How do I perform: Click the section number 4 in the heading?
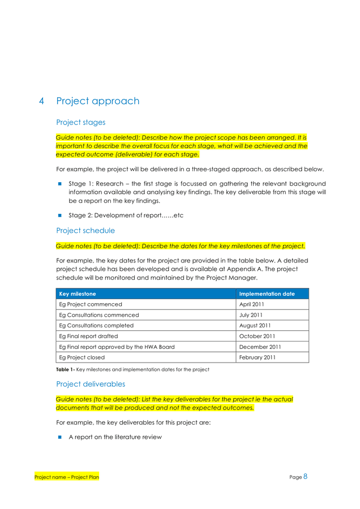(x=42, y=101)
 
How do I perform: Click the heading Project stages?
(x=80, y=122)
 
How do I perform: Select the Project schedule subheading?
(x=85, y=231)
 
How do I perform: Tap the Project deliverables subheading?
(x=91, y=384)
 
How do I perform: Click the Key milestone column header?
(x=78, y=294)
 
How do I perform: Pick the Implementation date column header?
(x=267, y=294)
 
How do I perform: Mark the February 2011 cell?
(x=257, y=357)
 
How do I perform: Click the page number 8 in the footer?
(x=305, y=476)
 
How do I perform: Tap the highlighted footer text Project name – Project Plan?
(x=67, y=477)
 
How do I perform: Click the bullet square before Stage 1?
(x=59, y=184)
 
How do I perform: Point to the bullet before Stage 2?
(x=59, y=215)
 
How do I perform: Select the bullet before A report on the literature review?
(x=59, y=437)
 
